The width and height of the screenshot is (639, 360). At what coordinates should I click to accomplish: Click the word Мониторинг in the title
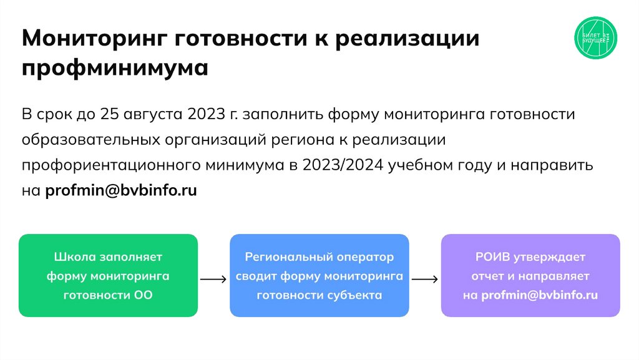[92, 39]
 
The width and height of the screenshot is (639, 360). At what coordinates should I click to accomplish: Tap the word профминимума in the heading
[115, 67]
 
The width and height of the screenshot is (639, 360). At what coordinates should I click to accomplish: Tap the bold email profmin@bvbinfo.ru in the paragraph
[121, 190]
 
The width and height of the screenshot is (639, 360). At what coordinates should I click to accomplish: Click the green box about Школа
[108, 275]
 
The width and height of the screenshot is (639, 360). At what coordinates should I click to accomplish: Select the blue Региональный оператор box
[319, 275]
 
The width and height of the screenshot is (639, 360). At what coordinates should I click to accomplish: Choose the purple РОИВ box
[530, 275]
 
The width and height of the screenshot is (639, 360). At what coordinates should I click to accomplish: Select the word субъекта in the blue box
[354, 295]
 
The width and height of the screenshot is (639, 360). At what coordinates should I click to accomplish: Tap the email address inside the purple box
[540, 295]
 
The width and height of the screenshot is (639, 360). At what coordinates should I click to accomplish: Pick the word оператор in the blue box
[365, 256]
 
